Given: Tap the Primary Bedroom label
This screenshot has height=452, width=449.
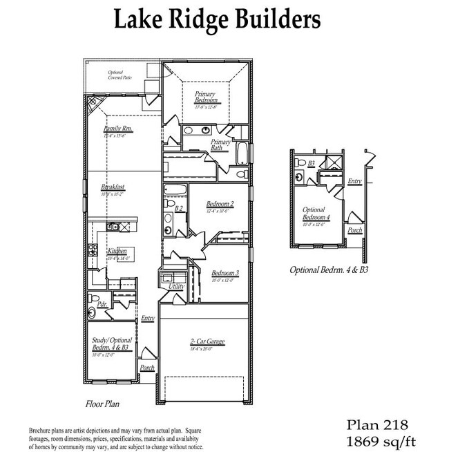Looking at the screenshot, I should (206, 97).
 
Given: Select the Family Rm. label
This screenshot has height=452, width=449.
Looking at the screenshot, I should (118, 129).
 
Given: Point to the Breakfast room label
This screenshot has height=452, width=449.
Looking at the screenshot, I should (112, 187).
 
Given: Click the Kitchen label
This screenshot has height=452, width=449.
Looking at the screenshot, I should (117, 251).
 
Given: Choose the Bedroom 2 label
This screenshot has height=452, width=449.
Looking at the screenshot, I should (220, 205).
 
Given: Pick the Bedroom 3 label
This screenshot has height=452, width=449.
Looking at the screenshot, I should (225, 273).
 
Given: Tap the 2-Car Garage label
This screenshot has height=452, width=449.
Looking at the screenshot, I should (208, 342).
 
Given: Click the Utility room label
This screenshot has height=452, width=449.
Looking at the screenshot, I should (177, 285).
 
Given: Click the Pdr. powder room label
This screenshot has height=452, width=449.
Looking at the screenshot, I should (101, 304).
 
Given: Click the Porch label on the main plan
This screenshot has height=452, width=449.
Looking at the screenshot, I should (147, 368).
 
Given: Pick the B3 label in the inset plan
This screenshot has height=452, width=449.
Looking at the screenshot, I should (312, 163).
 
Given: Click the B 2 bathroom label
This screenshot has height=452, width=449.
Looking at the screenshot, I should (178, 208).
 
